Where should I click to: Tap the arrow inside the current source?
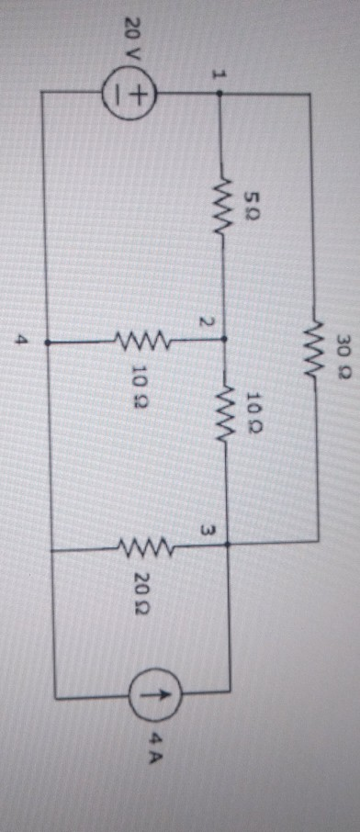point(147,695)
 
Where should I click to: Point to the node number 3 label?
point(211,532)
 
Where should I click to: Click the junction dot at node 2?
point(222,339)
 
